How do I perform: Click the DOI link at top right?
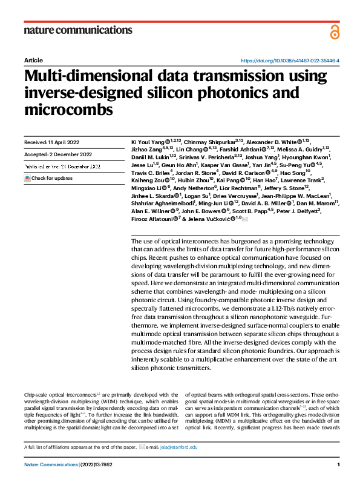[x=290, y=61]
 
